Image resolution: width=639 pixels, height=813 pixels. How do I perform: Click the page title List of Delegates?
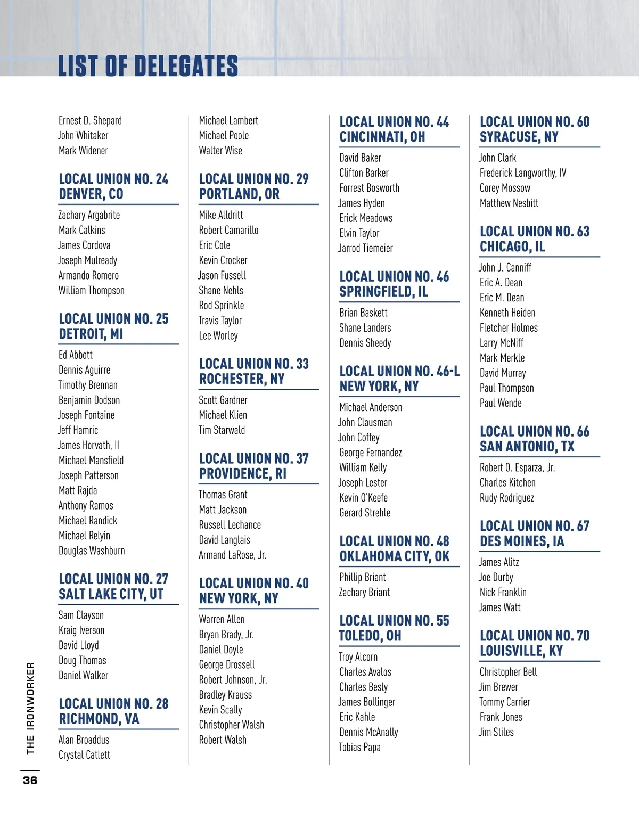tap(148, 67)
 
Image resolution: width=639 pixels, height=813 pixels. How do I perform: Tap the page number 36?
tap(30, 780)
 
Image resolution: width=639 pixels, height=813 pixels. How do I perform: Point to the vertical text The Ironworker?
tap(30, 708)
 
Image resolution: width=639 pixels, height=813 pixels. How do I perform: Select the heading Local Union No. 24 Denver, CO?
tap(113, 186)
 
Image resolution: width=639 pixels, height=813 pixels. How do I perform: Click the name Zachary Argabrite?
tap(89, 215)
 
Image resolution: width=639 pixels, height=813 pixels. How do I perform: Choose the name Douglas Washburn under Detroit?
tap(92, 551)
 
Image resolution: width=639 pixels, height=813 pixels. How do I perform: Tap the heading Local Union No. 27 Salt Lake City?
tap(113, 586)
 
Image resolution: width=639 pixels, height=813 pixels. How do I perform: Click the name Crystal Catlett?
tap(84, 754)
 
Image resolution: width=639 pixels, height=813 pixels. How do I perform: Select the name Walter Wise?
tap(220, 151)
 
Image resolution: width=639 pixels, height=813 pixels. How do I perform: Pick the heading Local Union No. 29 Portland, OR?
tap(253, 186)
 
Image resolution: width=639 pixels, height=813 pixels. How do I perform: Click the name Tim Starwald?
tap(222, 430)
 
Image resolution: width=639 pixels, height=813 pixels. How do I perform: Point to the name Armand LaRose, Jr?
tap(232, 555)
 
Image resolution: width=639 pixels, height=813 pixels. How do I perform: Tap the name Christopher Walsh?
tap(231, 725)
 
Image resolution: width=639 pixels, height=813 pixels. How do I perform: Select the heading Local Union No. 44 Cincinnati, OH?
tap(394, 129)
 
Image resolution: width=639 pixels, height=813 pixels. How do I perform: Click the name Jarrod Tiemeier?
tap(365, 248)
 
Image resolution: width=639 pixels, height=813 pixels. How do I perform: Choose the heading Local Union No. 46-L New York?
tap(399, 379)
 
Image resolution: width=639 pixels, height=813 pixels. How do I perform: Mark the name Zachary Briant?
tap(364, 592)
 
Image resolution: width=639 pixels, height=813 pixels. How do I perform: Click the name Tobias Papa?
tap(359, 747)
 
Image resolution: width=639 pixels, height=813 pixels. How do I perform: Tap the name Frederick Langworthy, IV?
tap(523, 173)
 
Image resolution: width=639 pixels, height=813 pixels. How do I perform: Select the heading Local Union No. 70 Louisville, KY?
tap(534, 643)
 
